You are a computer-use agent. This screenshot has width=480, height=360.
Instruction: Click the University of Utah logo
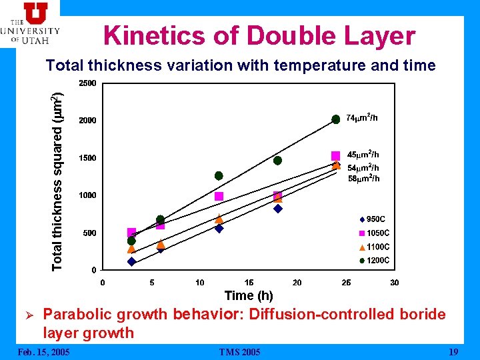30,23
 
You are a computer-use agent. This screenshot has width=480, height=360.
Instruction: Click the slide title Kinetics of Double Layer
259,36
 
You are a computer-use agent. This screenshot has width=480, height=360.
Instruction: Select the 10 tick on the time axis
200,283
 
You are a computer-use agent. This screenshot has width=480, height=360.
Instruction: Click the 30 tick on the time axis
395,283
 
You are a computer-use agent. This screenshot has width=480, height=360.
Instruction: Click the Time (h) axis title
249,295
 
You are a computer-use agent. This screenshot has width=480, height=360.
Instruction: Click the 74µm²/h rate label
363,118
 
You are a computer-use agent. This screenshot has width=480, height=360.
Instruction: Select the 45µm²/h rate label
363,155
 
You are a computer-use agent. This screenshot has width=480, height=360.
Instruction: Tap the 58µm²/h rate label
363,179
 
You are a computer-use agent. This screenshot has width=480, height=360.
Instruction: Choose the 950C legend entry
373,219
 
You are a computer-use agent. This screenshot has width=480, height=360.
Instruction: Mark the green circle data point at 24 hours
336,119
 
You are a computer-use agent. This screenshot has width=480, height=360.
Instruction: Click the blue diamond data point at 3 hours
131,262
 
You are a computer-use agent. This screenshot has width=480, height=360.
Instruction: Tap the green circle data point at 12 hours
219,176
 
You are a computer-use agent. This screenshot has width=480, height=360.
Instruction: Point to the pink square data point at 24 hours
336,155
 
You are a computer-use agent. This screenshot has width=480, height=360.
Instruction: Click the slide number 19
453,351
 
